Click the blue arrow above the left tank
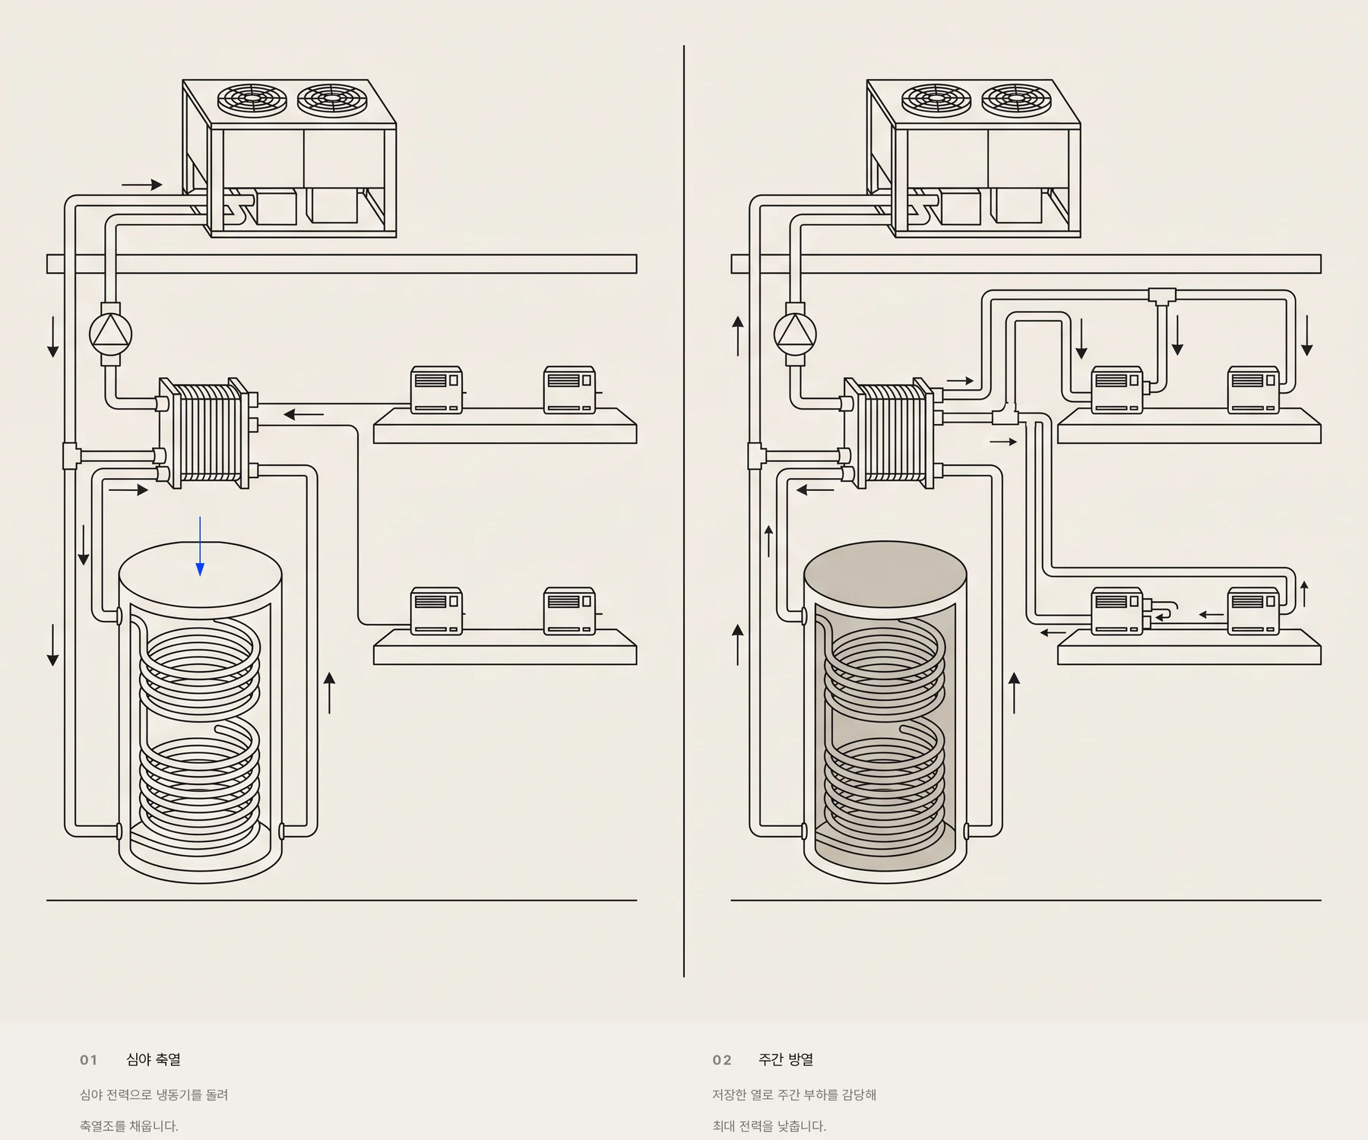200,546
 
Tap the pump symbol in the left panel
111,334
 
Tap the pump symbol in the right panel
795,334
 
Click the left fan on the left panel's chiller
252,100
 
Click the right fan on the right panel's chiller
1017,100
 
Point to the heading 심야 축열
154,1059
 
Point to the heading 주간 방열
786,1059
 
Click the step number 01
89,1060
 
